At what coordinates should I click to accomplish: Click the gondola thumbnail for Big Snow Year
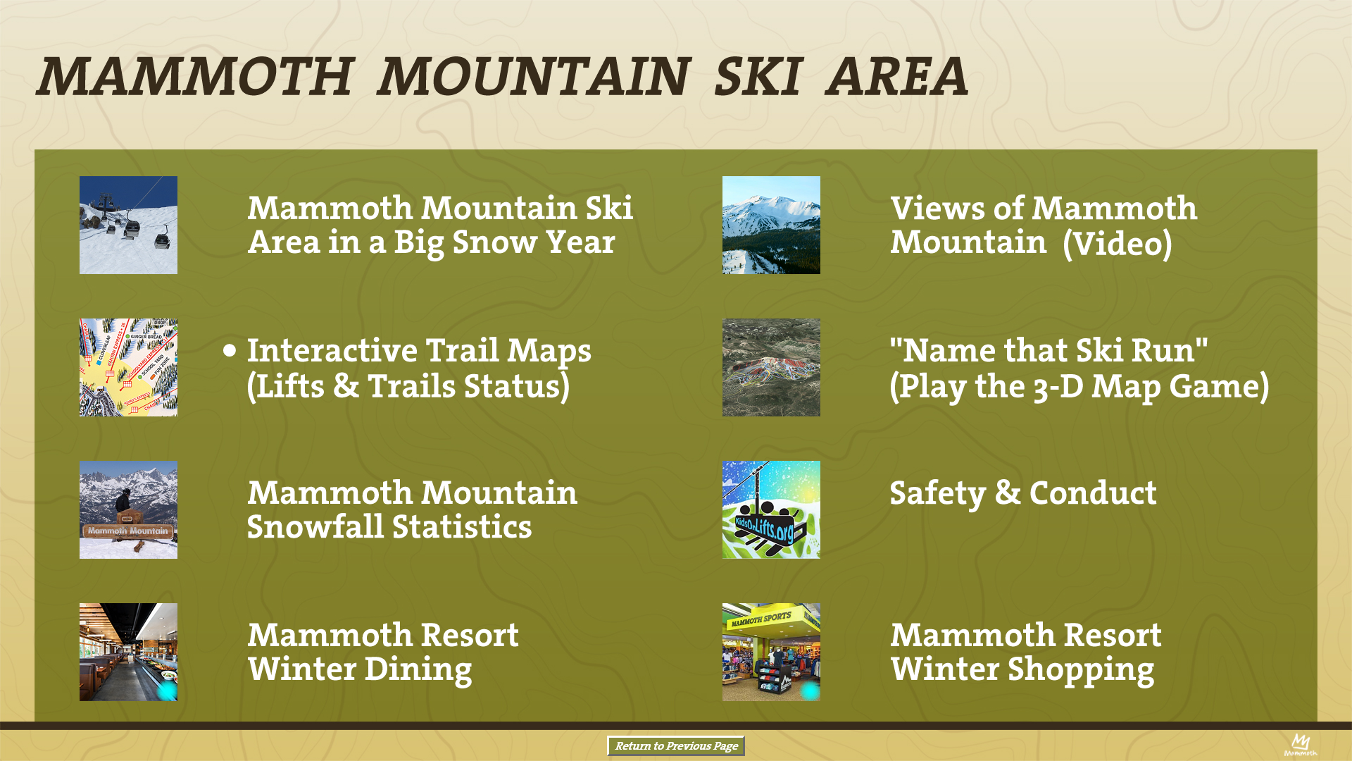pos(128,225)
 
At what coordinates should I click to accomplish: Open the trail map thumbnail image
pos(128,367)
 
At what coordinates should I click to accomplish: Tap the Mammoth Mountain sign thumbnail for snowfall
pos(128,509)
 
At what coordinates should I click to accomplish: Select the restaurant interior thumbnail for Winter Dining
pos(128,652)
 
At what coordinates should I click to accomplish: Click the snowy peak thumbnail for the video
pos(771,225)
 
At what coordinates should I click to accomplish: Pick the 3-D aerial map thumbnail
pos(771,367)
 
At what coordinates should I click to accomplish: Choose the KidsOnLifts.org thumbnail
pos(771,509)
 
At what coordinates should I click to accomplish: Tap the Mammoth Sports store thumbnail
pos(771,652)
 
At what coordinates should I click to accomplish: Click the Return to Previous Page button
pos(676,746)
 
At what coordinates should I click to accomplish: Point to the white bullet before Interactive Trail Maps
pos(230,350)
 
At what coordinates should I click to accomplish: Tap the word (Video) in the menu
pos(1118,244)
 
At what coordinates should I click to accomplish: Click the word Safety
pos(937,493)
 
